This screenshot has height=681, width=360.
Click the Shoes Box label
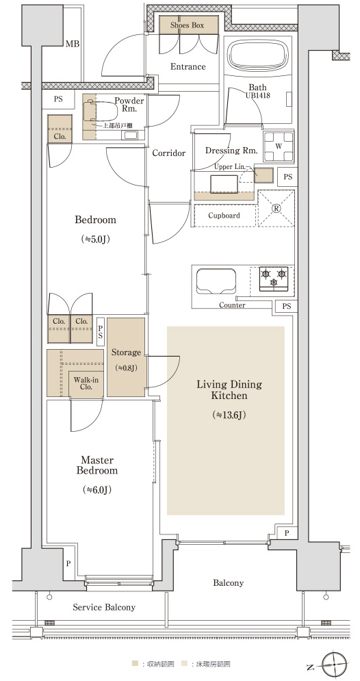[187, 25]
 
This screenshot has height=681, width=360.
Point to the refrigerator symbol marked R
[277, 208]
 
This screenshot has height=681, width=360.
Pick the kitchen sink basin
[216, 281]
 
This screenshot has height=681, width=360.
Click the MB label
[73, 44]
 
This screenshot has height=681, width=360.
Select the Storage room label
[126, 352]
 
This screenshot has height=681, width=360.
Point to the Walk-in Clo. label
[86, 383]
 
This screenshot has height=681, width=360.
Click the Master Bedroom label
[97, 465]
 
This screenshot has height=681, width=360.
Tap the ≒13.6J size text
[229, 415]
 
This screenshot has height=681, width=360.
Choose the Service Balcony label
[104, 607]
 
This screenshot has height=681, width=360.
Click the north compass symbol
[335, 665]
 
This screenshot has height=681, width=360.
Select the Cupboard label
[224, 216]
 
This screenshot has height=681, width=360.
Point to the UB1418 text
[257, 95]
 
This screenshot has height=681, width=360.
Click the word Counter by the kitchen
[232, 305]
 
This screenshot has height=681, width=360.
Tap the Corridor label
[169, 153]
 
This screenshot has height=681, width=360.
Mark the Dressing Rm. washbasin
[224, 183]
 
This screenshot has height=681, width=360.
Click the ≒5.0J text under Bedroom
[94, 239]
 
